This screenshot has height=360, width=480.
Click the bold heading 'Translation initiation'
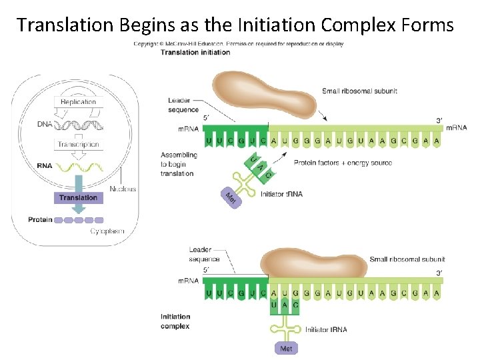coord(195,53)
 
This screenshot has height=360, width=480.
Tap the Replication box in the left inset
coord(79,102)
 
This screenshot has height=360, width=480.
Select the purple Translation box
coord(78,197)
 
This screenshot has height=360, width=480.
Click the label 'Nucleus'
coord(122,189)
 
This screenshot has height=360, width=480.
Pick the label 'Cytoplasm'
coord(107,231)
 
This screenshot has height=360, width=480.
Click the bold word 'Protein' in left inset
coord(40,219)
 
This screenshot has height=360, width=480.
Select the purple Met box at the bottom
coord(285,349)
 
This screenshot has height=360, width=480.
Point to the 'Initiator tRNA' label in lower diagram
coord(326,329)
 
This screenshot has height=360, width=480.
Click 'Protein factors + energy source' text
coord(343,163)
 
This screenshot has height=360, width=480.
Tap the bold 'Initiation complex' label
coord(175,321)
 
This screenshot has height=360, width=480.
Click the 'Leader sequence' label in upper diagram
coord(183,105)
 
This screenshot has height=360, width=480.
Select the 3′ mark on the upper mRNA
coord(439,121)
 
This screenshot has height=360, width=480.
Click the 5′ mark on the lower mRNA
coord(206,269)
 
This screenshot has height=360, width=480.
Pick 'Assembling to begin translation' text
coord(179,164)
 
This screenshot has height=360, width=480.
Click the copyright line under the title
coord(239,44)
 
